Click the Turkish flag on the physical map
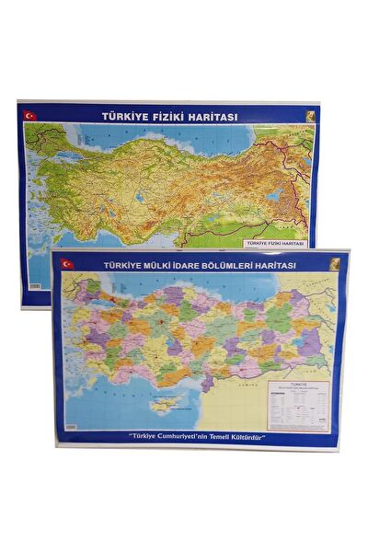point(30,115)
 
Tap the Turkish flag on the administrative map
point(65,264)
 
